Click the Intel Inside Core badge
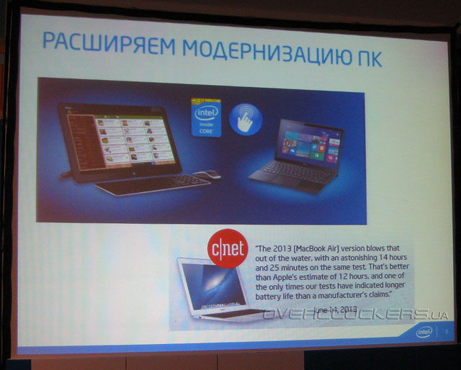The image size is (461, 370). [x=205, y=117]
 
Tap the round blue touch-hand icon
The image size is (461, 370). [x=246, y=119]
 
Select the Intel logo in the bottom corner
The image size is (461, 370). [x=426, y=331]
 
